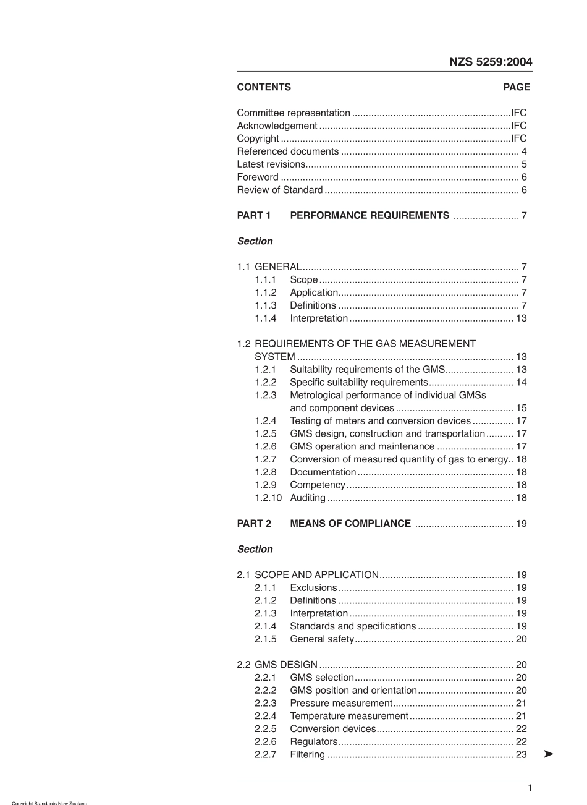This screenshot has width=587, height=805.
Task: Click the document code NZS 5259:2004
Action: pyautogui.click(x=490, y=62)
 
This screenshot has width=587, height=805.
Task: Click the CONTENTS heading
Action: pyautogui.click(x=264, y=87)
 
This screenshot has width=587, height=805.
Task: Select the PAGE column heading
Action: pyautogui.click(x=517, y=87)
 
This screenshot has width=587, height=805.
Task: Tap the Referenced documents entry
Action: pyautogui.click(x=288, y=151)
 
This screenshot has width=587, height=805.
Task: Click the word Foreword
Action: pyautogui.click(x=258, y=177)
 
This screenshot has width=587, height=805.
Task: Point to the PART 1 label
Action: pyautogui.click(x=254, y=216)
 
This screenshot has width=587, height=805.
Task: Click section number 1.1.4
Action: pyautogui.click(x=266, y=318)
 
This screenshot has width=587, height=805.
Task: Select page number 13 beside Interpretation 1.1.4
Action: pyautogui.click(x=521, y=318)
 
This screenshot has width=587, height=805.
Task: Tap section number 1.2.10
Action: pyautogui.click(x=268, y=498)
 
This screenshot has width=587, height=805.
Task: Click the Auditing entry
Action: pyautogui.click(x=308, y=498)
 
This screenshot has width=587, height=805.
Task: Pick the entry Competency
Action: pyautogui.click(x=318, y=485)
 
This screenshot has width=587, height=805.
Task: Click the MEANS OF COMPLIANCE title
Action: pyautogui.click(x=350, y=524)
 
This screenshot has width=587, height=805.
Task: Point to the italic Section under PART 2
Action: pyautogui.click(x=255, y=549)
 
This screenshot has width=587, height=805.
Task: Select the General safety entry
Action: pyautogui.click(x=322, y=639)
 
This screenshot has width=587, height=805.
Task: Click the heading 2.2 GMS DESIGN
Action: pyautogui.click(x=277, y=665)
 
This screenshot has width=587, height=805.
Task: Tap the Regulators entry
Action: pyautogui.click(x=314, y=742)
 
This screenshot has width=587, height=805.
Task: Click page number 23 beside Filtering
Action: pyautogui.click(x=521, y=754)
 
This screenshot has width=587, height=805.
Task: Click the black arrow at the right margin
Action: pyautogui.click(x=549, y=754)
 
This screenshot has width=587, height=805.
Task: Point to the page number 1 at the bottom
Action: pyautogui.click(x=530, y=788)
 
